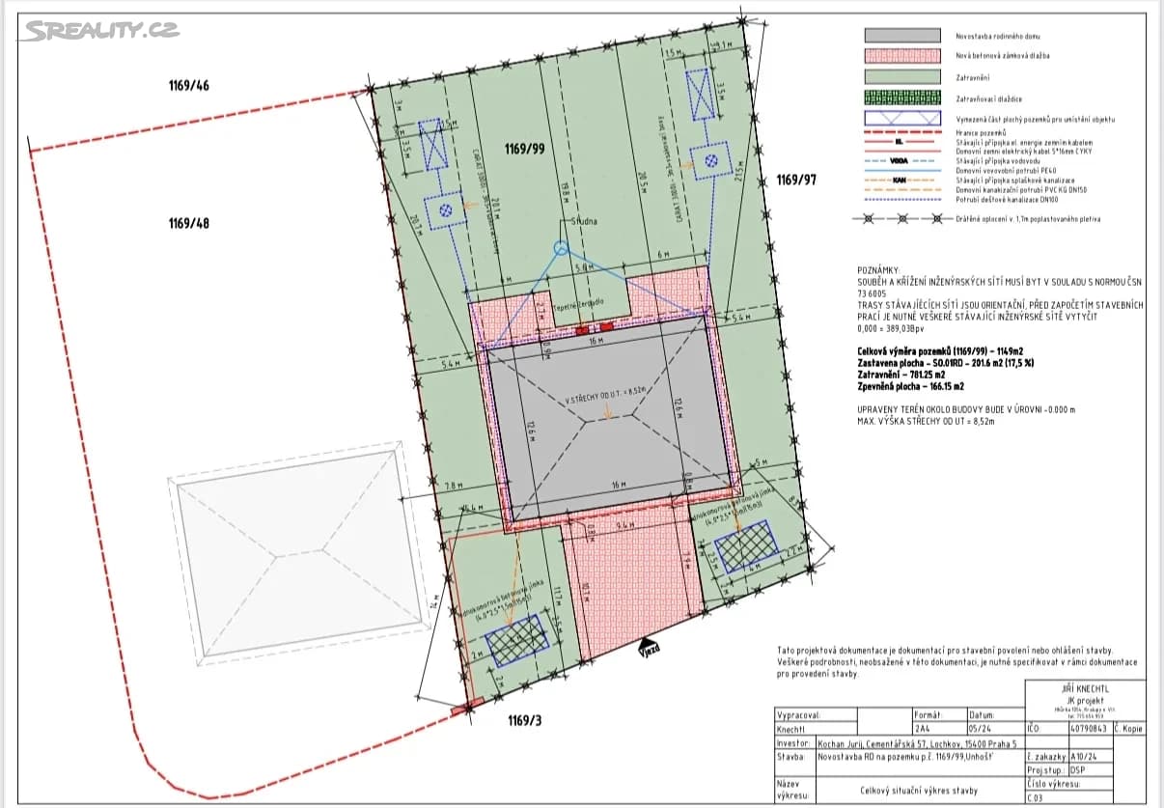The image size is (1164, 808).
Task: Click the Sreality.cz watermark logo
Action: (x=101, y=30)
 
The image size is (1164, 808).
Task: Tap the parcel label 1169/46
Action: (x=188, y=86)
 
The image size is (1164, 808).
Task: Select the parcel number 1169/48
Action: (x=188, y=223)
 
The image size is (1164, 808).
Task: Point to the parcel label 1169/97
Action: (x=796, y=180)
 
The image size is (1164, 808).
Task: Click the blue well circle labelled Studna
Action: (x=561, y=248)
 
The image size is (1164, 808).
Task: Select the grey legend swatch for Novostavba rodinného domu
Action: (x=902, y=35)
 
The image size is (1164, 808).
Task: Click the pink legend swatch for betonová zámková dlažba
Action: (x=902, y=56)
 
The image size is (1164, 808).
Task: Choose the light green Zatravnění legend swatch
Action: (x=902, y=77)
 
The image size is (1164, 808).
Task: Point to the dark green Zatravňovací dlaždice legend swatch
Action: (x=902, y=98)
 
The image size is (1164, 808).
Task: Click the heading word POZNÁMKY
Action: (x=878, y=271)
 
